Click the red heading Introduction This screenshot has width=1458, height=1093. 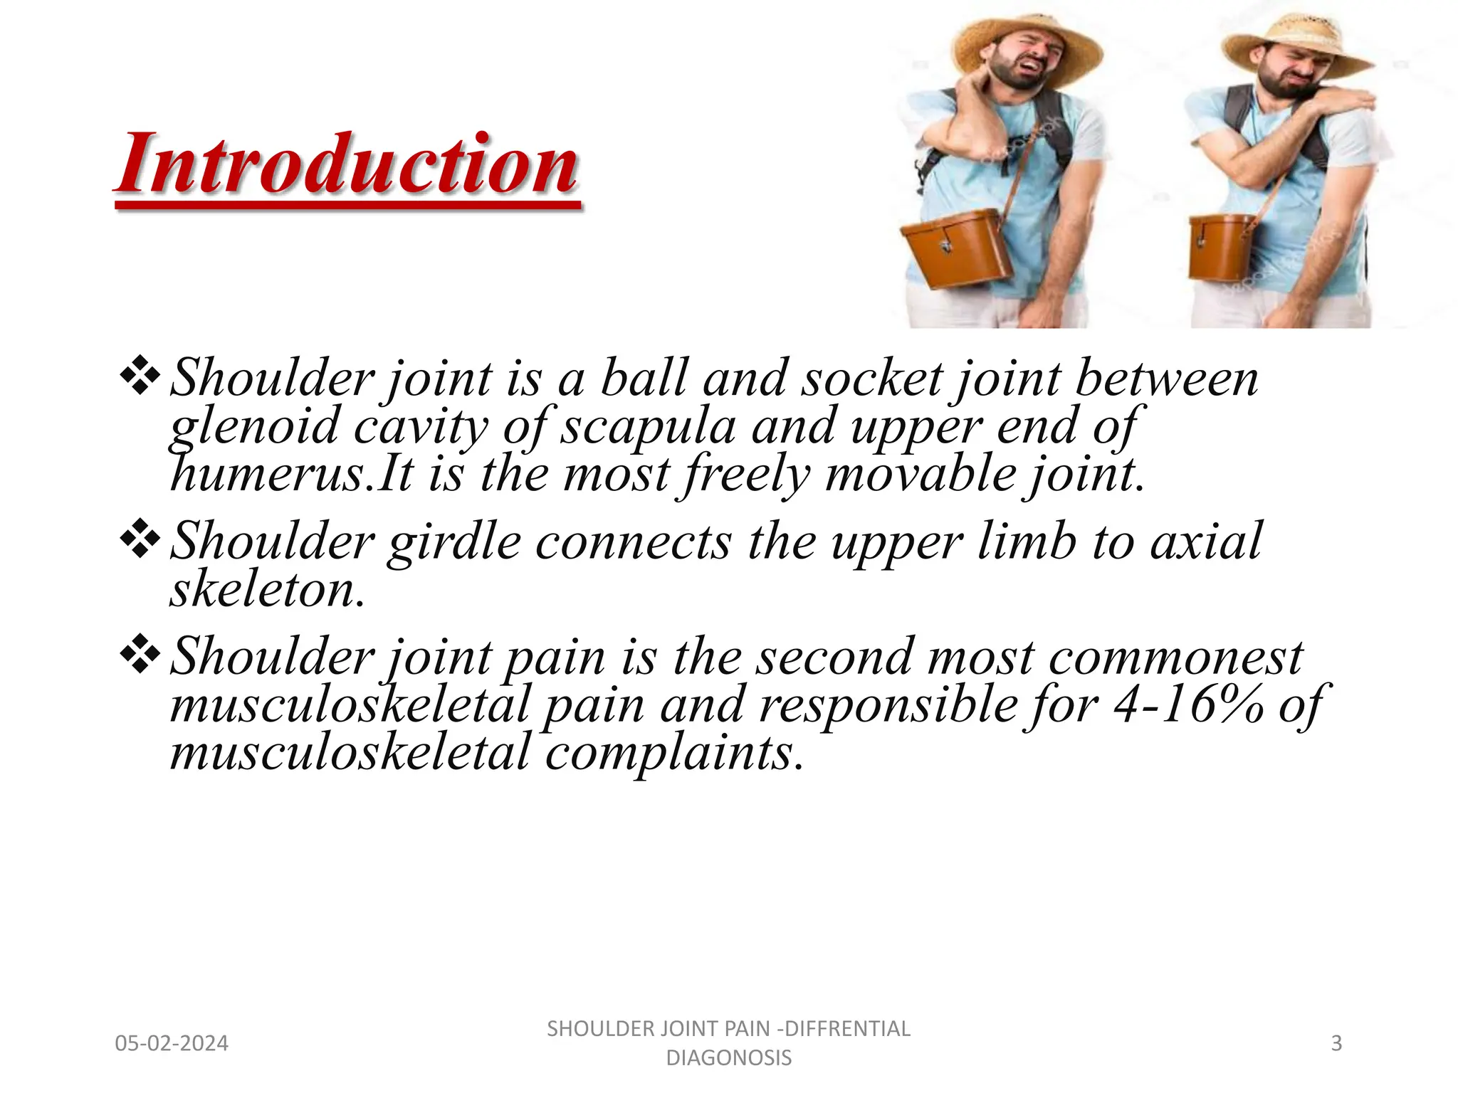[x=347, y=165]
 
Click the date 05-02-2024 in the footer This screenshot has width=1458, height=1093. [x=172, y=1043]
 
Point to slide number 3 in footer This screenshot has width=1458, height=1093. [x=1336, y=1043]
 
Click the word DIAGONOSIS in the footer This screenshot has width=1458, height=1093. [x=728, y=1058]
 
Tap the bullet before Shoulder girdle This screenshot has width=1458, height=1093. [x=140, y=541]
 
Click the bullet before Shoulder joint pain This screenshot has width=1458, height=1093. [x=140, y=655]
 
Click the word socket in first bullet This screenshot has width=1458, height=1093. [x=872, y=378]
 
